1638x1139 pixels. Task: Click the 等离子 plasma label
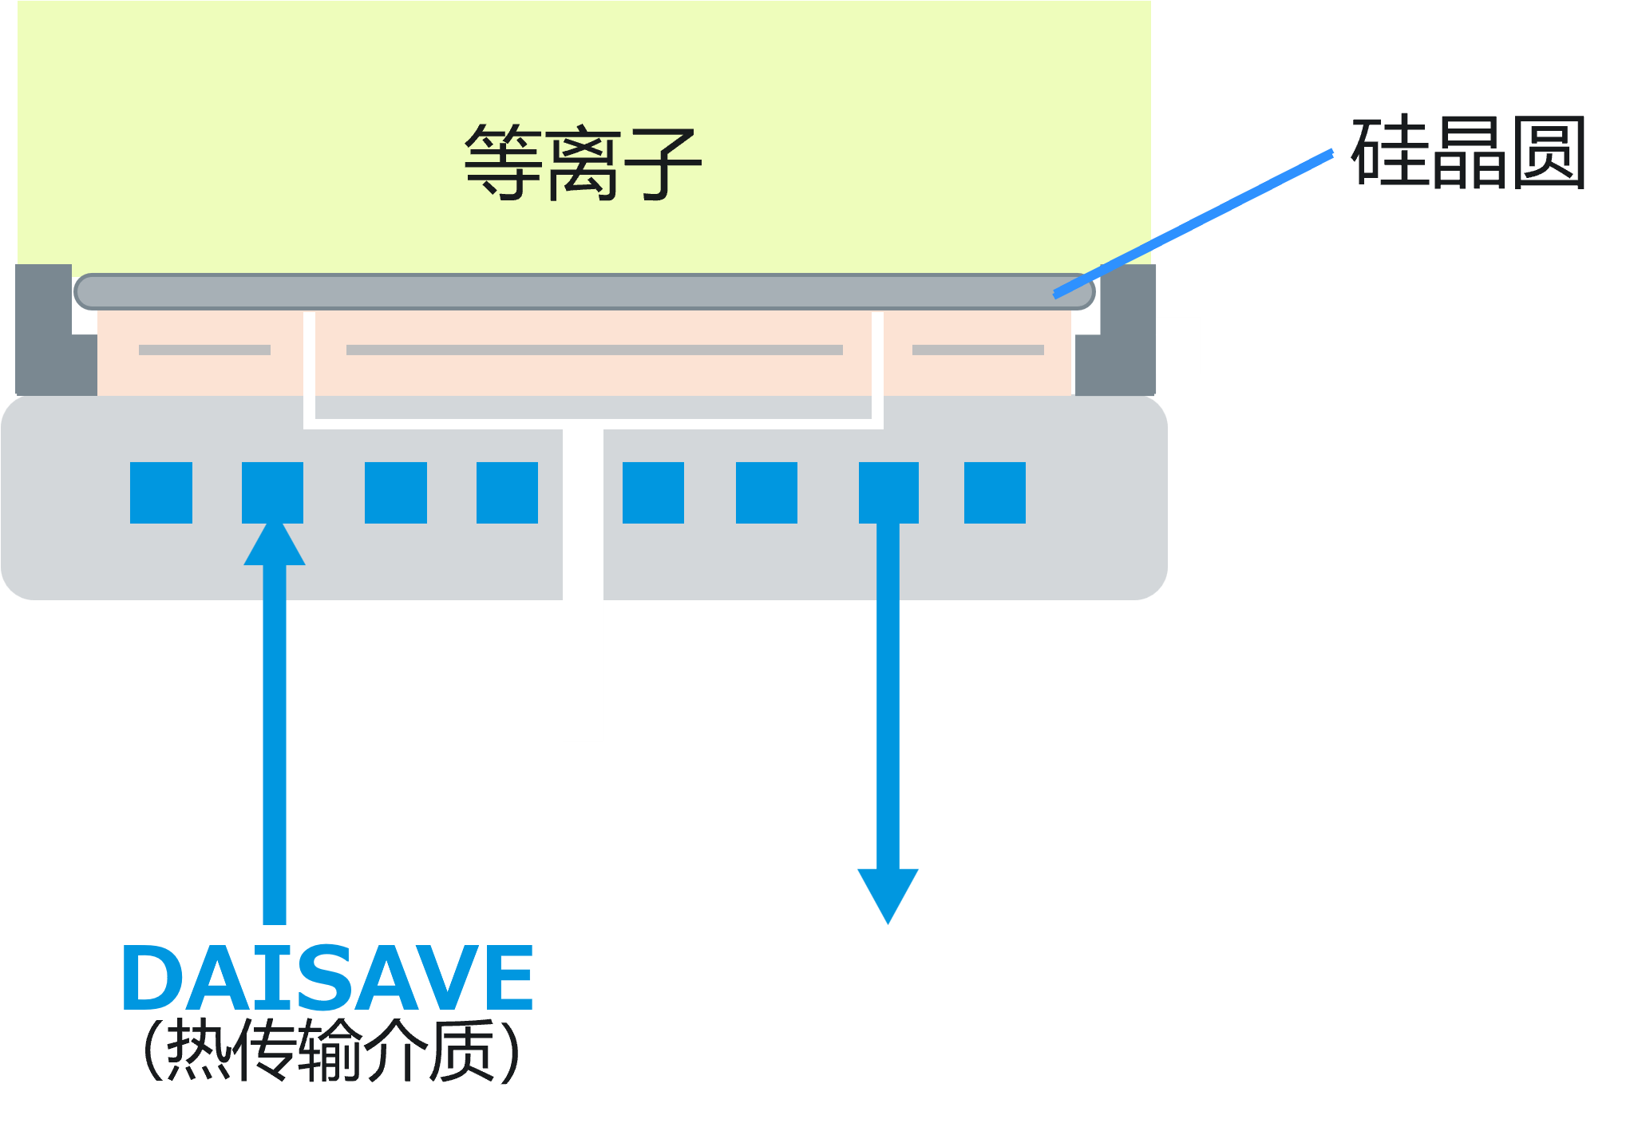[x=583, y=162]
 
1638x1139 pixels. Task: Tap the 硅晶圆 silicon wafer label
[x=1467, y=152]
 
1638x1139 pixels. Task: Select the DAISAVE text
[x=327, y=977]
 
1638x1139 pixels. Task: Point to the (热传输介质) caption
[x=332, y=1050]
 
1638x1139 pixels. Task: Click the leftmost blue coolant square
[x=161, y=492]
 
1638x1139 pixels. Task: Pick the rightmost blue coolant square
[x=995, y=492]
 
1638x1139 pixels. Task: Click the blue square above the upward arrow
[x=272, y=492]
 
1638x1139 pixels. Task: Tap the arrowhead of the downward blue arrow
[x=888, y=893]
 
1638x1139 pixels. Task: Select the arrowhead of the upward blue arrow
[x=274, y=545]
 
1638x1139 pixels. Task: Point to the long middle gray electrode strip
[x=594, y=350]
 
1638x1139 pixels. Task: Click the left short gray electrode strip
[x=204, y=350]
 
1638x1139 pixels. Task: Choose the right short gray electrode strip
[x=978, y=350]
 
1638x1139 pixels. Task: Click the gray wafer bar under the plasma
[x=583, y=292]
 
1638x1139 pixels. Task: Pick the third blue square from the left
[x=395, y=492]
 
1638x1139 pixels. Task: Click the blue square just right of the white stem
[x=653, y=492]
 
